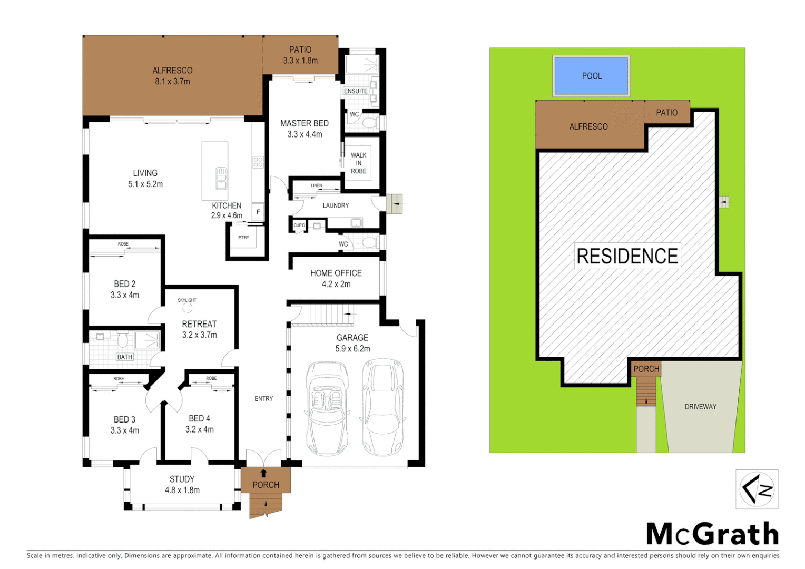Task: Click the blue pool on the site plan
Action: pos(591,76)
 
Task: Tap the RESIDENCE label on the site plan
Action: pos(627,256)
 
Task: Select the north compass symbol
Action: pos(757,489)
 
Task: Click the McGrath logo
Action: pos(712,534)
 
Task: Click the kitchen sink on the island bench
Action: pos(221,178)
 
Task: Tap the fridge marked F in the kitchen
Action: pos(258,212)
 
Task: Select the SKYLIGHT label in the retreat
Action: pos(187,300)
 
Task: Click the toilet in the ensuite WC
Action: pos(369,123)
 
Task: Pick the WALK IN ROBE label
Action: pos(359,163)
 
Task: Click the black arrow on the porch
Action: pos(263,473)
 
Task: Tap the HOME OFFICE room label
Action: pos(336,273)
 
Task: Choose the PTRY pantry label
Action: pos(243,238)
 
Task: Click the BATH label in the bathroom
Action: pos(125,357)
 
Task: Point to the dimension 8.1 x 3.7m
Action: pos(172,82)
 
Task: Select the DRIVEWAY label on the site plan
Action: pos(700,407)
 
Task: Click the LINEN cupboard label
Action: pos(316,185)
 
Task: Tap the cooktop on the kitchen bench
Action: pos(258,162)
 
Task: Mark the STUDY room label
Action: pos(182,479)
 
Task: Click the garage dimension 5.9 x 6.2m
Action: pos(352,349)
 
